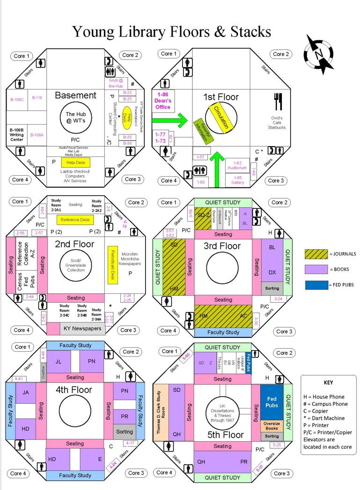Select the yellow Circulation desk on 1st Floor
pyautogui.click(x=221, y=117)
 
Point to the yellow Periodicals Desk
pyautogui.click(x=112, y=265)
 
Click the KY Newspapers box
pyautogui.click(x=81, y=328)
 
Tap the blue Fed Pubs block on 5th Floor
pyautogui.click(x=272, y=401)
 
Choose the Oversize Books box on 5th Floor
pyautogui.click(x=272, y=426)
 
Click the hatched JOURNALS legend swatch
pyautogui.click(x=316, y=254)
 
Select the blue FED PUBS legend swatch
pyautogui.click(x=316, y=284)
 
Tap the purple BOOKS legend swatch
pyautogui.click(x=316, y=269)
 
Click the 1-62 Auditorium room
pyautogui.click(x=237, y=165)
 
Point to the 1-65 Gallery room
pyautogui.click(x=237, y=180)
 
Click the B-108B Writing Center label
pyautogui.click(x=17, y=134)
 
